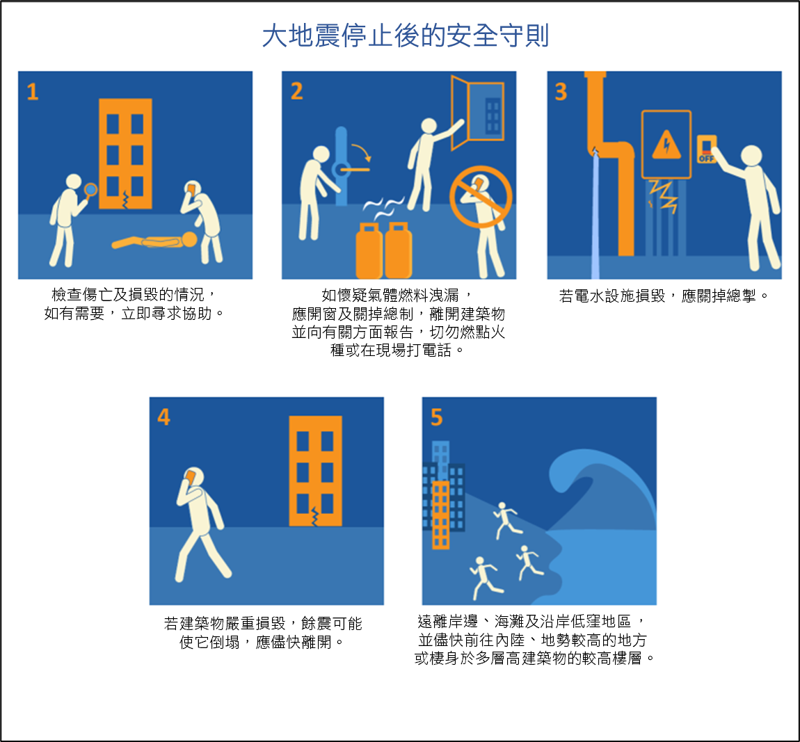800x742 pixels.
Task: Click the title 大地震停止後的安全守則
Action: [x=405, y=35]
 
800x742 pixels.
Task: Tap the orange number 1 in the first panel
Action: [x=32, y=92]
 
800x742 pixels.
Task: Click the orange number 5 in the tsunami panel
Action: [x=436, y=417]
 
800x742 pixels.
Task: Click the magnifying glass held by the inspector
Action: [x=90, y=188]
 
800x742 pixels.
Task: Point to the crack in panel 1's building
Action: [x=125, y=200]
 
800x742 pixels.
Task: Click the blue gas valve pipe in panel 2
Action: [x=341, y=167]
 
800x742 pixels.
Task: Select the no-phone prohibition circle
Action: [x=481, y=197]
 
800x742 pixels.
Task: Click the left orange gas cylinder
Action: [x=369, y=250]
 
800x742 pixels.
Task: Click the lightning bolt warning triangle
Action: [x=666, y=145]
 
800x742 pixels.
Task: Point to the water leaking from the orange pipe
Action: [x=595, y=209]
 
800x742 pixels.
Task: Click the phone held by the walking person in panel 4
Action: [x=190, y=478]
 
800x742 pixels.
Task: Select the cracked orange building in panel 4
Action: [x=315, y=471]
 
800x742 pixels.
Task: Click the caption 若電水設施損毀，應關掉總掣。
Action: [x=664, y=296]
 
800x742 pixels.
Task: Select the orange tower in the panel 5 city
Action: [x=441, y=514]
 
